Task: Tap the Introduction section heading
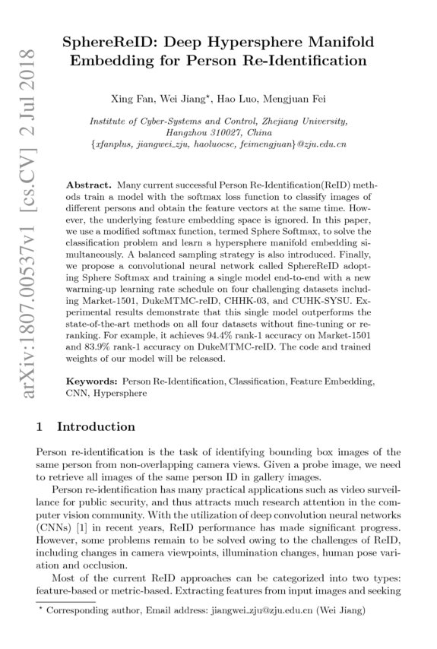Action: (x=97, y=427)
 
